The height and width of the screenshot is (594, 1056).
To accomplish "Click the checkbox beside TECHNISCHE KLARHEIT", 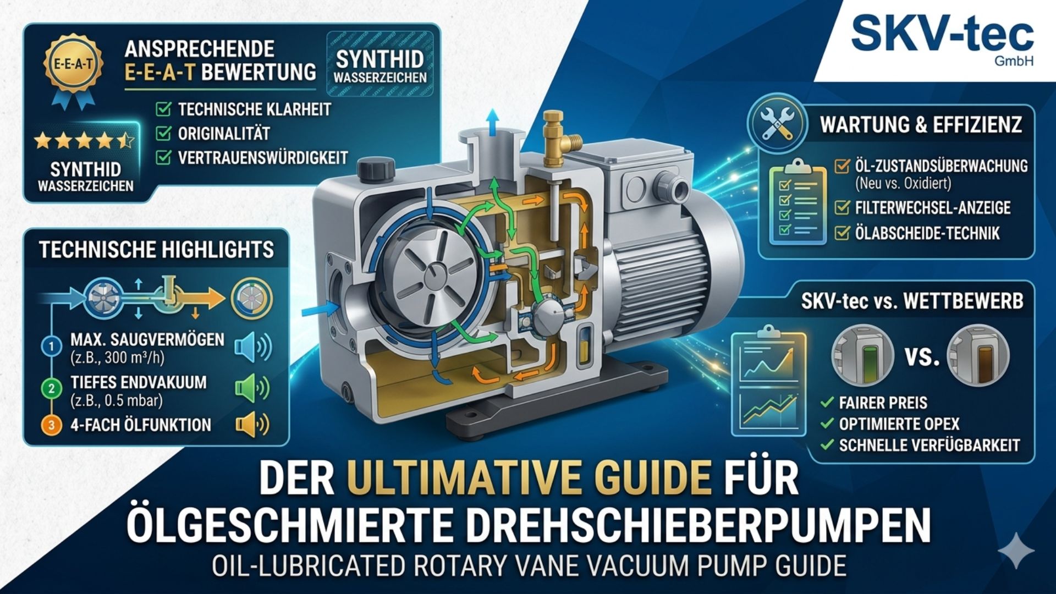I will (x=163, y=109).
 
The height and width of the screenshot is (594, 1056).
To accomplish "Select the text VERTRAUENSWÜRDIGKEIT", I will (x=263, y=158).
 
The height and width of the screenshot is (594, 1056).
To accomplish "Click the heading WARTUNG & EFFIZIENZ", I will (x=921, y=125).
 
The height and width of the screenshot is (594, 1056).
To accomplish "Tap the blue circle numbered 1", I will (x=52, y=346).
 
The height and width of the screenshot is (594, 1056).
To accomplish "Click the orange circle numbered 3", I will (x=52, y=425).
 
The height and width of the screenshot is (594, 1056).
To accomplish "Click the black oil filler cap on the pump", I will (x=376, y=168).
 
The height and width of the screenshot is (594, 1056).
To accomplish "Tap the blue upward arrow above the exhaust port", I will (x=492, y=120).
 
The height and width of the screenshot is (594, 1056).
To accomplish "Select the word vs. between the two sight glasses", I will (x=922, y=356).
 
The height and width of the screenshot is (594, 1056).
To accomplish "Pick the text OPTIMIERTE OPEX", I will (x=899, y=424).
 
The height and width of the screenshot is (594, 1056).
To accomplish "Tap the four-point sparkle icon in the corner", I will (x=1016, y=550).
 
